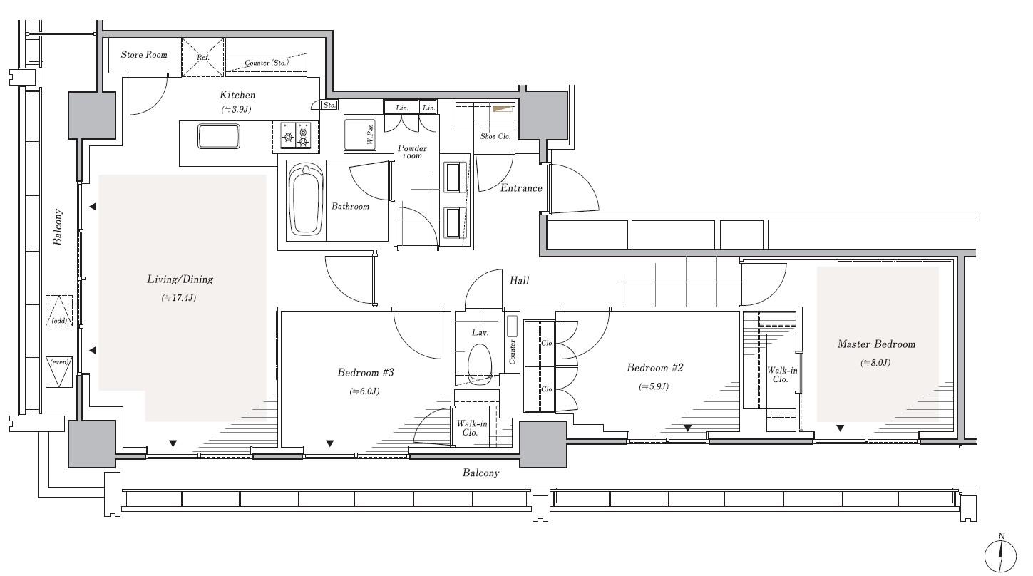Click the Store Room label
click(x=144, y=55)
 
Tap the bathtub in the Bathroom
click(x=306, y=202)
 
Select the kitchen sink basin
click(x=219, y=136)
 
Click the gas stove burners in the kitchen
click(x=296, y=135)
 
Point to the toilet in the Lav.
click(x=480, y=364)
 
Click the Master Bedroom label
click(x=876, y=344)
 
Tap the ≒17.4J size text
click(x=179, y=298)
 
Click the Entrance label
click(x=521, y=188)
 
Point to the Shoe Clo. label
click(x=495, y=136)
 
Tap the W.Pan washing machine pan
click(x=360, y=134)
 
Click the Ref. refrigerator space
click(x=203, y=57)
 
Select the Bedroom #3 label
click(x=365, y=373)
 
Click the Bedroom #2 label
click(x=655, y=368)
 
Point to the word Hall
click(x=519, y=280)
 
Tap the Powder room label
click(x=412, y=152)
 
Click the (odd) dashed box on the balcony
click(x=59, y=311)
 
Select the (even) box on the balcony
click(x=59, y=371)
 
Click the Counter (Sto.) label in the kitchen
click(x=267, y=62)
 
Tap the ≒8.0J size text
click(x=875, y=363)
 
